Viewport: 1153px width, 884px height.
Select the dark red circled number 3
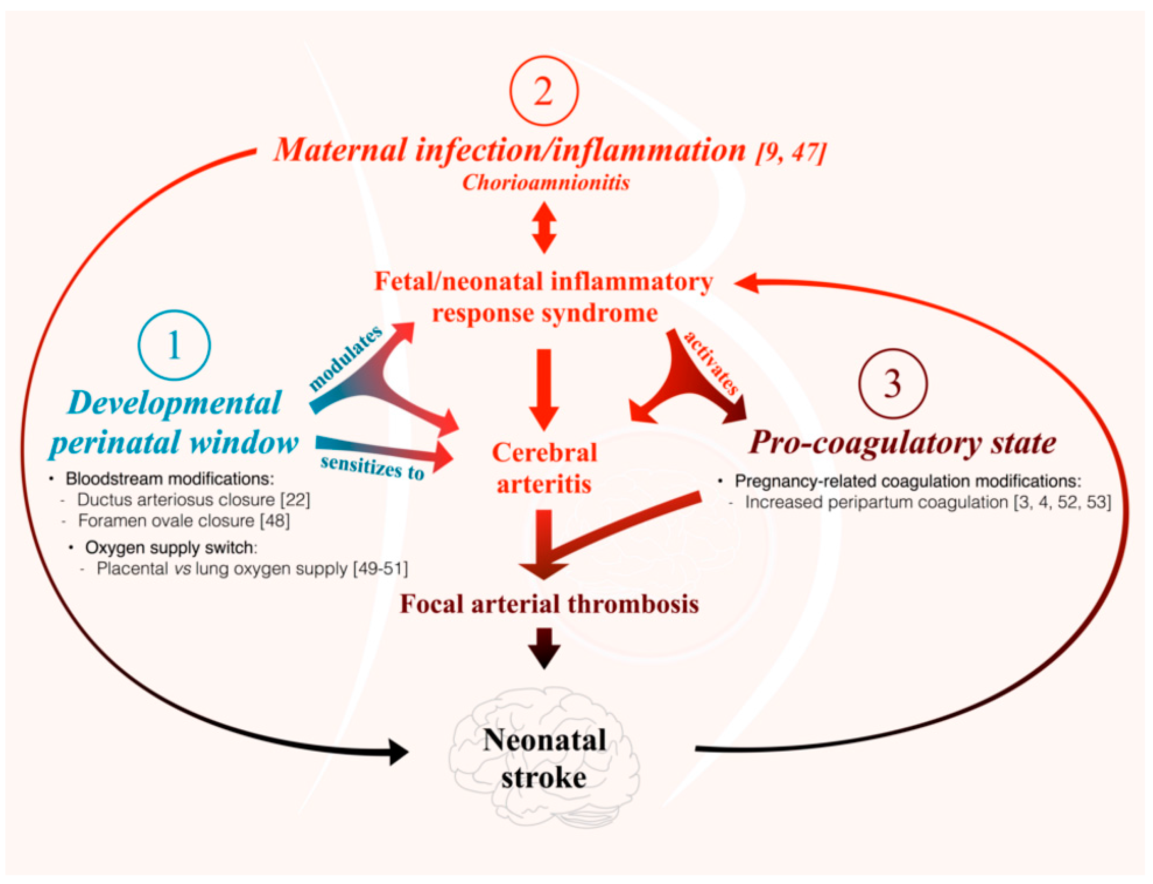(892, 383)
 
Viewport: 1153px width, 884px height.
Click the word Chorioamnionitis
(546, 183)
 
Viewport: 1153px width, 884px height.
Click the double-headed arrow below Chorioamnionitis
(544, 227)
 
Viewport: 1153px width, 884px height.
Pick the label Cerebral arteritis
(544, 468)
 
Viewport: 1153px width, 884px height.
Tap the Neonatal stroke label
(544, 758)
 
